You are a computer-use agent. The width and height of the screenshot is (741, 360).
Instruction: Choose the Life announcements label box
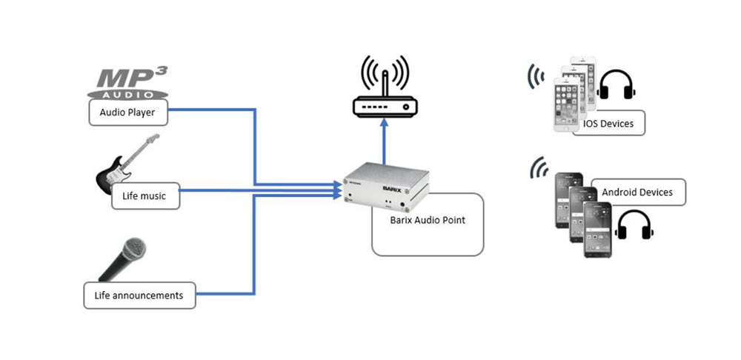[139, 295]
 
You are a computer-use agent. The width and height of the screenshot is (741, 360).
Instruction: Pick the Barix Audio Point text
[428, 220]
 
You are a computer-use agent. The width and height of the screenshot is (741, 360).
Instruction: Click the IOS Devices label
[607, 123]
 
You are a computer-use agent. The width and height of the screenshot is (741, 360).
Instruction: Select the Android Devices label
[637, 192]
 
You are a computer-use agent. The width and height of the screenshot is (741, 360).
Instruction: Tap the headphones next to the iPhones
[617, 87]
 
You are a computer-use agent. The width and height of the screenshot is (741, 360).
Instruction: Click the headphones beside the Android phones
[634, 225]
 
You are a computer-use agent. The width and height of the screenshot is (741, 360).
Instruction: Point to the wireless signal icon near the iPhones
[535, 75]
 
